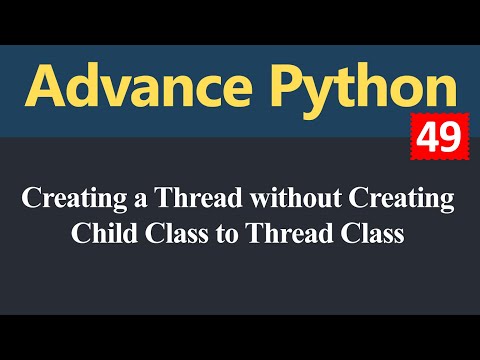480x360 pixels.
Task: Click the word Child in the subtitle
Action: click(x=101, y=236)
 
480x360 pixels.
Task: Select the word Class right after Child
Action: click(x=164, y=236)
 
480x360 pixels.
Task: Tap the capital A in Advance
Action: click(x=46, y=90)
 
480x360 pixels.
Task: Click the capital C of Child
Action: click(x=81, y=236)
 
